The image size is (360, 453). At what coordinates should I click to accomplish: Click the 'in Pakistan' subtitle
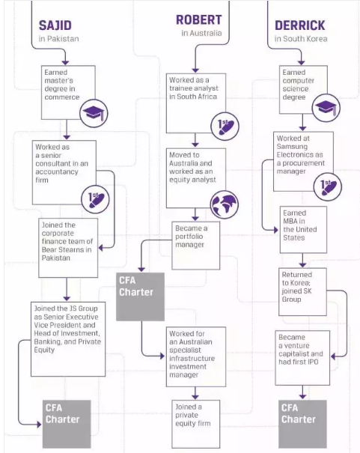(58, 39)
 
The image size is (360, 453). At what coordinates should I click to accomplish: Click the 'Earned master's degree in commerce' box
(67, 87)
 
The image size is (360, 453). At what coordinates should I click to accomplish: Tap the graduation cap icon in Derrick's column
(326, 109)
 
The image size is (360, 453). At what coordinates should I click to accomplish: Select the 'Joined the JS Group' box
(68, 338)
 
